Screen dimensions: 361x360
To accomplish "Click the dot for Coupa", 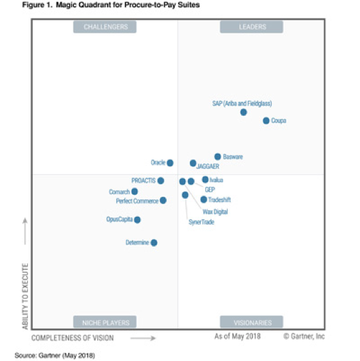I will click(266, 121).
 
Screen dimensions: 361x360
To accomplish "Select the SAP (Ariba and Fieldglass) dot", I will click(244, 112).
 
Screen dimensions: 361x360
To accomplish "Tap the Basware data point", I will click(218, 157).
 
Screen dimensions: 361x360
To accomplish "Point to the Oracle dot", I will click(170, 163).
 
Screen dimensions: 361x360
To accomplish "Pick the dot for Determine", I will click(154, 243).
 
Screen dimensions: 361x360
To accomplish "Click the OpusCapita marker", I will click(137, 219).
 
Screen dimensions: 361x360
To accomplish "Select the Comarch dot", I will click(135, 191).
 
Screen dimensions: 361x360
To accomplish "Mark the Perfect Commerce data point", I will click(163, 200).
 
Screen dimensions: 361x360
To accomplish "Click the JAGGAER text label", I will click(208, 167).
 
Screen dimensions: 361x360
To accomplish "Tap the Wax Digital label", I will click(215, 211).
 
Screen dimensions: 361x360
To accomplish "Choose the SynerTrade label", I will click(201, 222).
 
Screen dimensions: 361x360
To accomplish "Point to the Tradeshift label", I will click(219, 199).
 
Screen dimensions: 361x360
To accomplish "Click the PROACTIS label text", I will click(143, 180).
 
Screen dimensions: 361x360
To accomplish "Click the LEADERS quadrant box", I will click(252, 27).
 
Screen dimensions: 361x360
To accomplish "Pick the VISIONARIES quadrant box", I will click(252, 322).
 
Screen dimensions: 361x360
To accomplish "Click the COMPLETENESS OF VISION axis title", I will click(72, 338).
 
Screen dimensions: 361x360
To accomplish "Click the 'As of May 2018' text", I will click(237, 337).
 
